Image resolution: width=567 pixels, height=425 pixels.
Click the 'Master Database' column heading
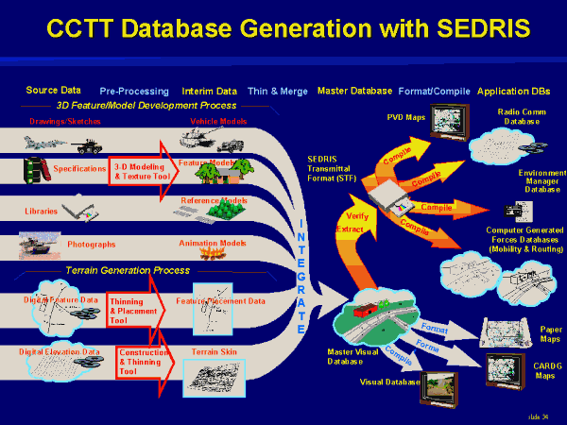tap(354, 92)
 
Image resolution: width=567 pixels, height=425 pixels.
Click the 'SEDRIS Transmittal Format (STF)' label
tap(335, 168)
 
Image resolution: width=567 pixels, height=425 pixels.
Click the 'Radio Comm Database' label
tap(518, 116)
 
